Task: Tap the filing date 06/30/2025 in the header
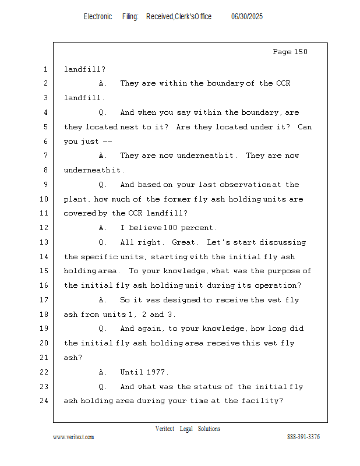tap(247, 16)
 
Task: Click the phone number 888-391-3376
tap(303, 437)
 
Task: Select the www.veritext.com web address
tap(73, 437)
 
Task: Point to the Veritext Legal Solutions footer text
tap(188, 429)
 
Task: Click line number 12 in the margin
tap(45, 228)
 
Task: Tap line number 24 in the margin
tap(45, 401)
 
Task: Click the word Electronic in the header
tap(98, 16)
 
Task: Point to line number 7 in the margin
tap(45, 156)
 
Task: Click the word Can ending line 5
tap(305, 127)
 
